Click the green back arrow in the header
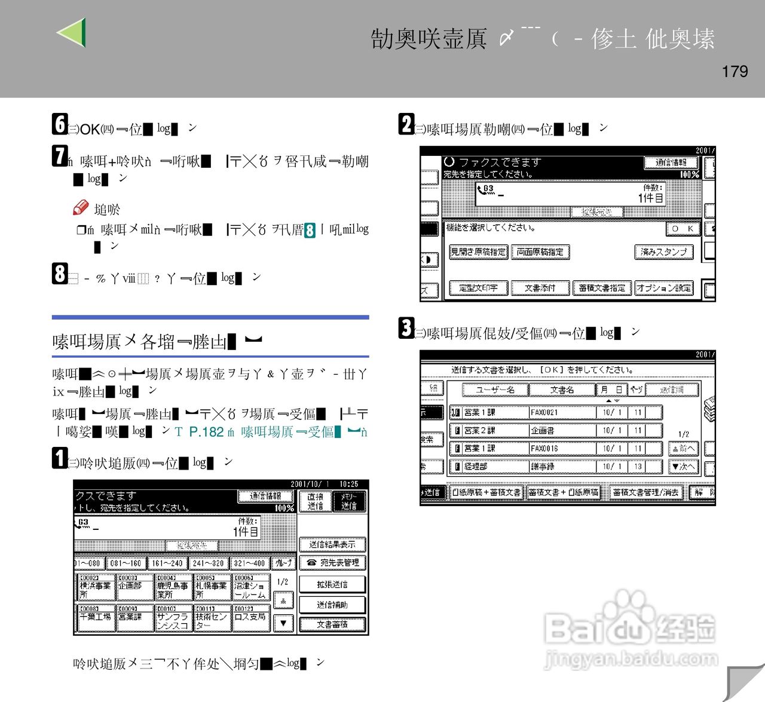tap(72, 33)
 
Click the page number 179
tap(735, 72)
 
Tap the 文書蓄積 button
tap(332, 624)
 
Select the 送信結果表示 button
tap(332, 544)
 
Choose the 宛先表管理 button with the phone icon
tap(332, 563)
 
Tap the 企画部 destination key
tap(134, 586)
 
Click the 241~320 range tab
tap(208, 563)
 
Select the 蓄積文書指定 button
tap(602, 288)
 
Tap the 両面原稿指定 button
tap(540, 252)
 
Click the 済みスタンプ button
tap(663, 252)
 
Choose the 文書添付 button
tap(540, 288)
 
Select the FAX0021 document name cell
tap(562, 412)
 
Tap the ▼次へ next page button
tap(683, 466)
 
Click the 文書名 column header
tap(562, 390)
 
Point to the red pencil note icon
tap(81, 208)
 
